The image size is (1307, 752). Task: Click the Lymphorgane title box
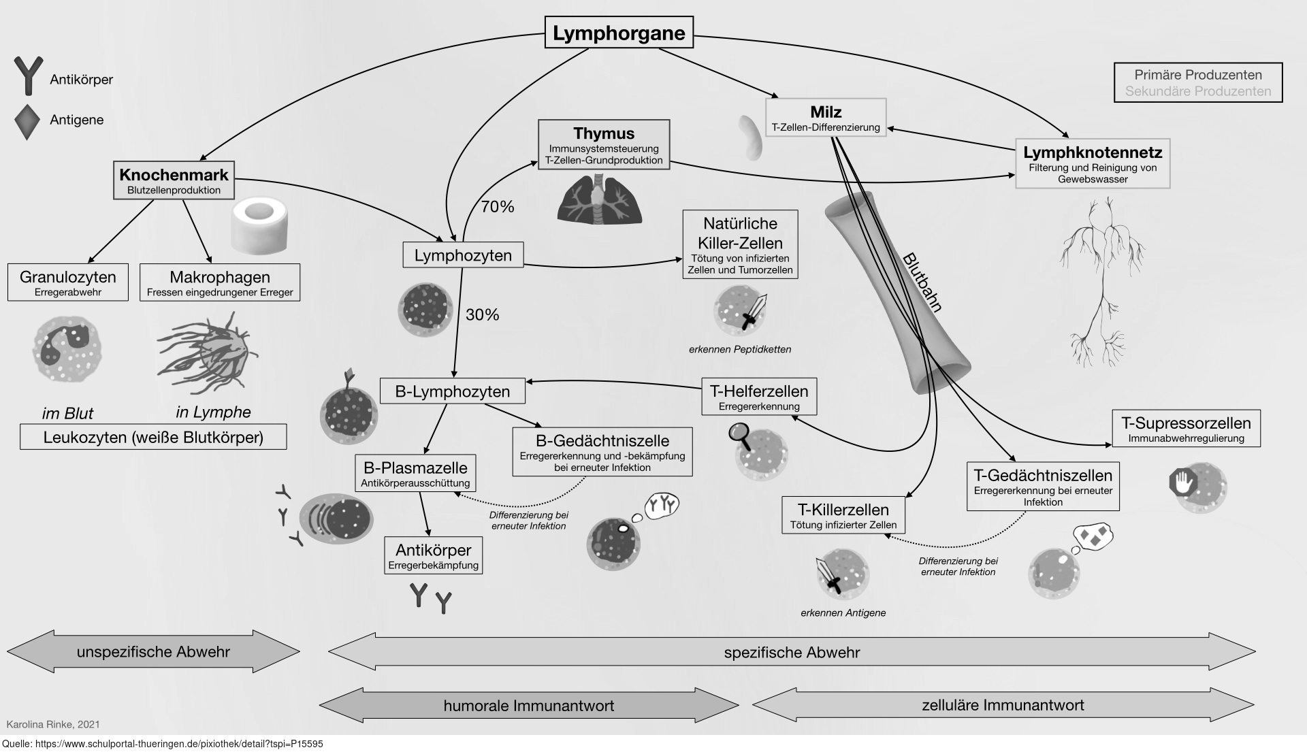[619, 33]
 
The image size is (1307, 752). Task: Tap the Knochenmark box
[174, 180]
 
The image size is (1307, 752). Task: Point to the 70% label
[498, 207]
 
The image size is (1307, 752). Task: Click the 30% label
[483, 314]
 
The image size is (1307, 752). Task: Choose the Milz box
[826, 118]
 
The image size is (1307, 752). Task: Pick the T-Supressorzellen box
[1186, 429]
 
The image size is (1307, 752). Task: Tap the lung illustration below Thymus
[599, 199]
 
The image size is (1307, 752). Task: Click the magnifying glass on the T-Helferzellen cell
[740, 434]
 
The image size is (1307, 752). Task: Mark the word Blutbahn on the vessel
[922, 282]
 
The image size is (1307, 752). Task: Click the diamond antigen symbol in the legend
[27, 121]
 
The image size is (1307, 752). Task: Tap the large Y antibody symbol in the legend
[28, 75]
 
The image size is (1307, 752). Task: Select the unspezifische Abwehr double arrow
[153, 651]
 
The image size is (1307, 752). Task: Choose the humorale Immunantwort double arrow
[528, 706]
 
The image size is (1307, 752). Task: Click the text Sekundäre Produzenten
[1198, 91]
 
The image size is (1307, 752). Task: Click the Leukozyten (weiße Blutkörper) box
[153, 437]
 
